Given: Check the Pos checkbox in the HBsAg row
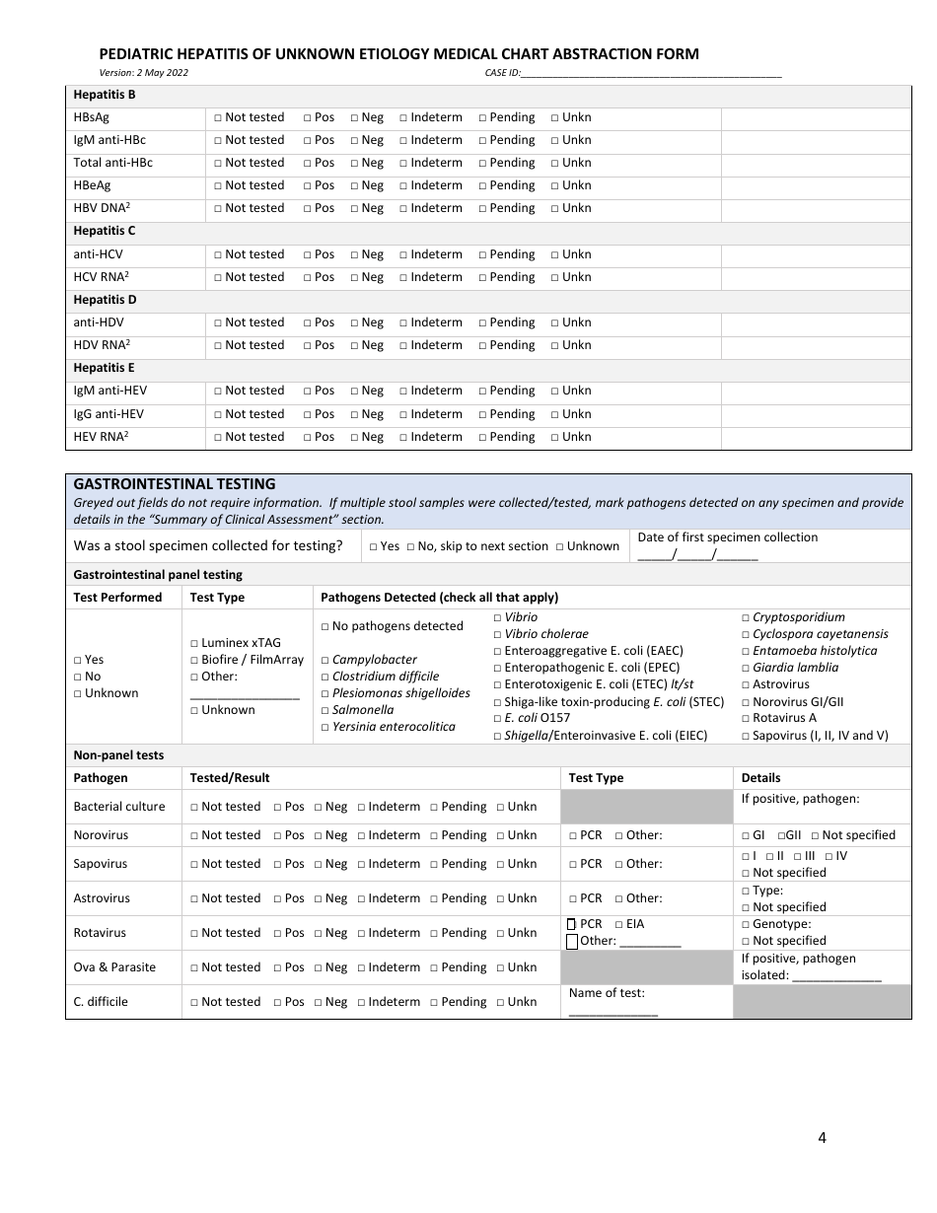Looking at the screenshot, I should tap(307, 117).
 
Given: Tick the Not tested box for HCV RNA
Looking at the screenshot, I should tap(218, 278).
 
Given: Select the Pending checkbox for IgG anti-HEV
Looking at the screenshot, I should tap(483, 415).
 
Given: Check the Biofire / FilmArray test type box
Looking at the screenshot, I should tap(194, 661).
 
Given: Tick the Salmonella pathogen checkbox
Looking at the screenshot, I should tap(324, 711).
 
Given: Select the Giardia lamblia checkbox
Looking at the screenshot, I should tap(745, 669).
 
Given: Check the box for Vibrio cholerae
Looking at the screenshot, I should tap(497, 635).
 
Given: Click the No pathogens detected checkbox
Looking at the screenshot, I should tap(324, 627).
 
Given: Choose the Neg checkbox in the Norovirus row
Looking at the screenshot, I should tap(319, 836).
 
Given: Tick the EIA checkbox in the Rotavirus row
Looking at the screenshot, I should tap(618, 925).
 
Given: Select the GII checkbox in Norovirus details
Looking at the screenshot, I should tap(781, 836).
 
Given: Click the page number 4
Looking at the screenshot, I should tap(822, 1137).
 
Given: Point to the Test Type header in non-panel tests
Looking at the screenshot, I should tap(596, 778).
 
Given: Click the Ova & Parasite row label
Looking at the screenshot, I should tap(114, 967).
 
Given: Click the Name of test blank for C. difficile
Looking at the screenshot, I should tap(613, 1012).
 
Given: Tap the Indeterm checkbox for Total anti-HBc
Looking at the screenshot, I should tap(403, 164).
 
